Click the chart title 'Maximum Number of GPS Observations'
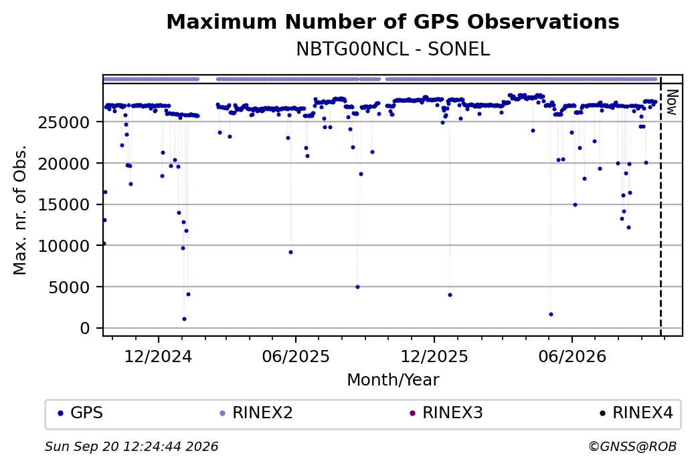click(x=393, y=21)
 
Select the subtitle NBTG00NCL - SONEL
click(x=393, y=49)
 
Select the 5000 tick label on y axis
click(x=69, y=287)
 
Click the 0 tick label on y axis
click(x=85, y=328)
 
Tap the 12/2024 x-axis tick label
click(x=158, y=356)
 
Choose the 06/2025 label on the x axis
click(x=296, y=356)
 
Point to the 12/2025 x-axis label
click(x=434, y=356)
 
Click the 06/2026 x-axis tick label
click(x=572, y=356)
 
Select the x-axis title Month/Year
click(x=393, y=379)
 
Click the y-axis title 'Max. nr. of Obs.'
click(x=20, y=210)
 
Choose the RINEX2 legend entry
click(x=256, y=413)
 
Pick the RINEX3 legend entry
click(x=446, y=413)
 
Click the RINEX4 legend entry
click(x=636, y=413)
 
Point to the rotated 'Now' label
click(x=672, y=102)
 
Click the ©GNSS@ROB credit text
click(x=632, y=446)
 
